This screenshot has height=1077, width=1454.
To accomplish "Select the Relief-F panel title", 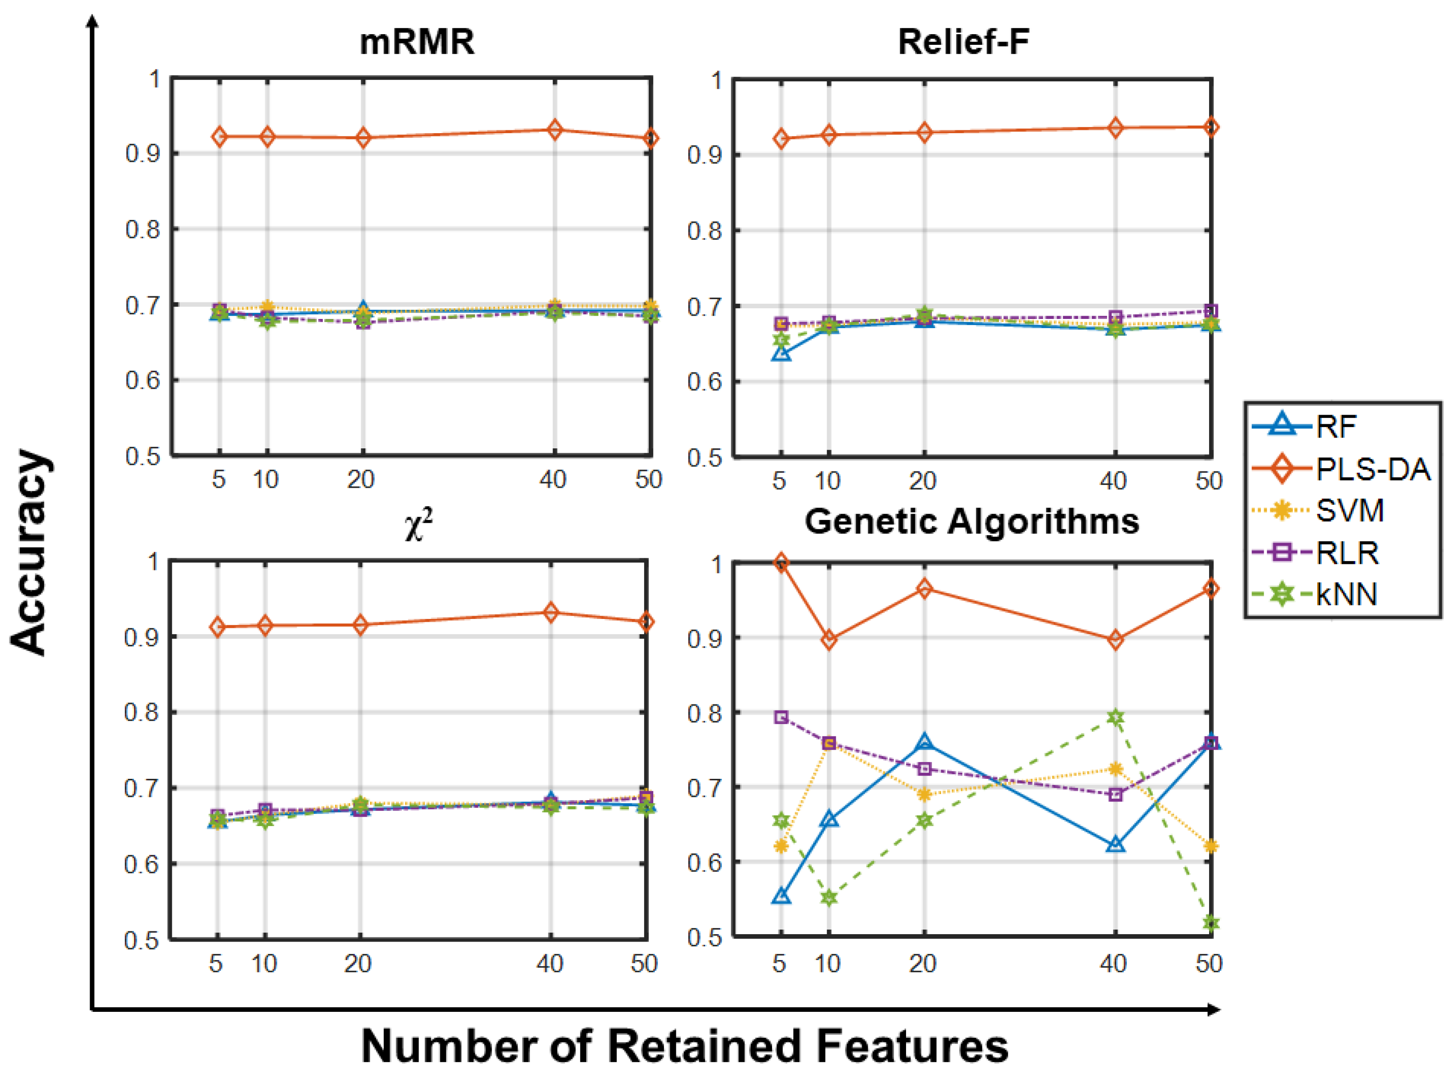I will tap(963, 43).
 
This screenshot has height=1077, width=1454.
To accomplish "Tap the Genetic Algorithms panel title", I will tap(972, 521).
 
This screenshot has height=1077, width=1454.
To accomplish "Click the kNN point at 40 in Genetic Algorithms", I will tap(1115, 718).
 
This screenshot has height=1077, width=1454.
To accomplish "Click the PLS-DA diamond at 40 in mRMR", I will tap(554, 129).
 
